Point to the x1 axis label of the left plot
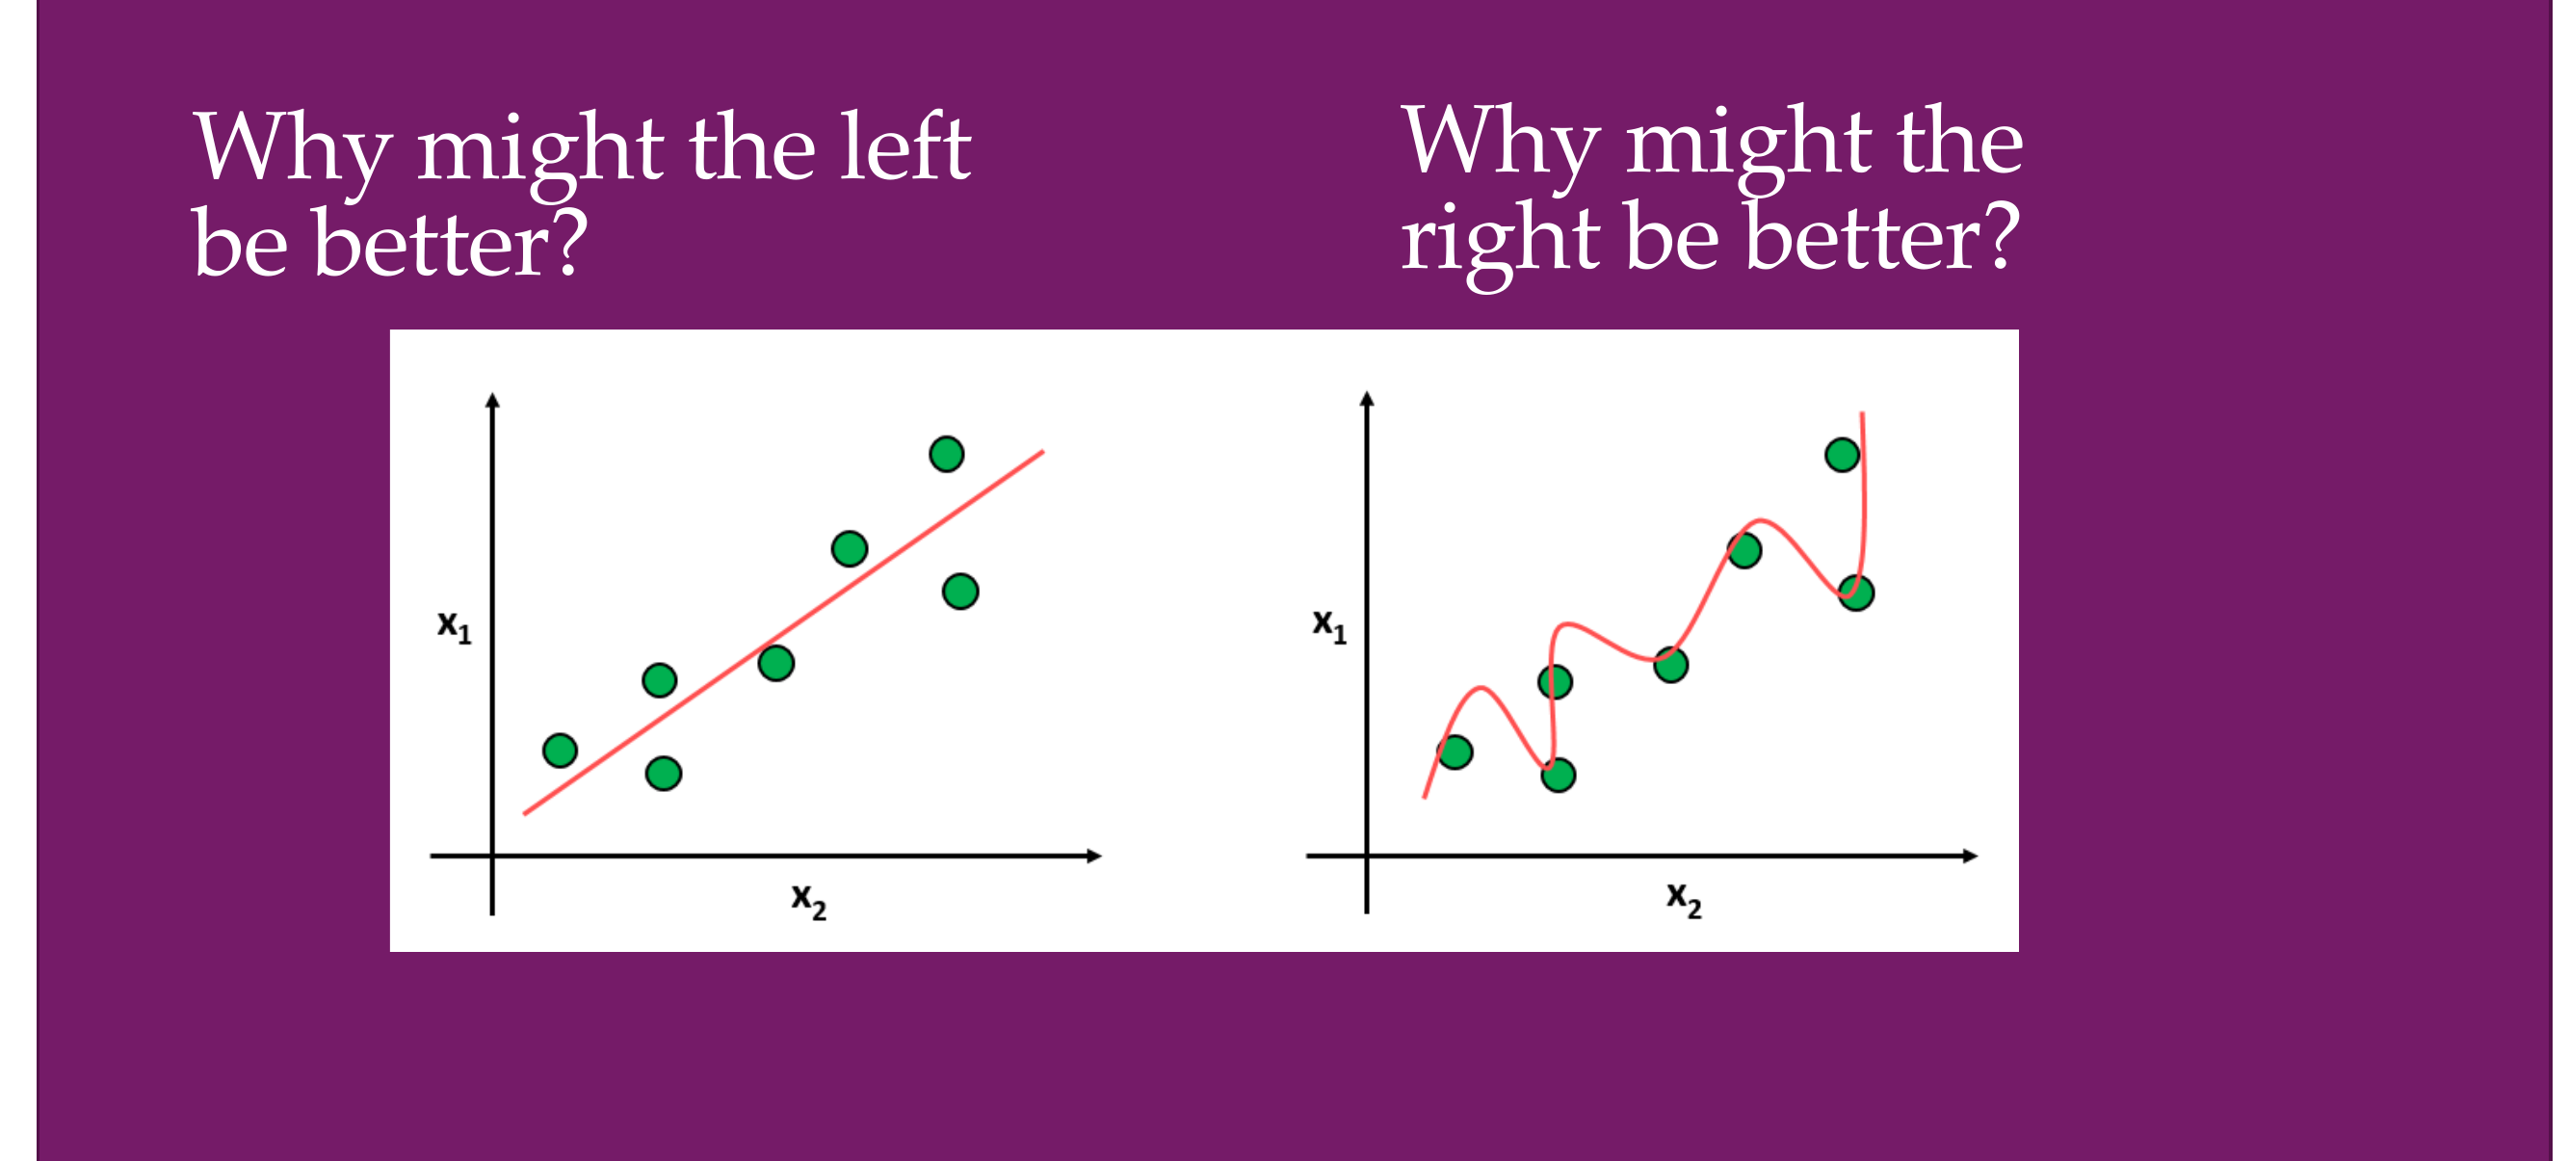455,627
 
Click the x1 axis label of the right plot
1329,626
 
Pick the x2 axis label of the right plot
1685,900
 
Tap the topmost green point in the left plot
947,454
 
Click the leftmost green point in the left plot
560,750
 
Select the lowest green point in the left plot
663,773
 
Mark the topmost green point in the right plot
1842,455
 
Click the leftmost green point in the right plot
1455,752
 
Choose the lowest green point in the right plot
1558,774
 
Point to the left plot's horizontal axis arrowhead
1095,856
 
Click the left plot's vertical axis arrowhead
491,400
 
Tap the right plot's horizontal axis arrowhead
1971,856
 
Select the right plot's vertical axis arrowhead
1367,398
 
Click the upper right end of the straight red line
1043,452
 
